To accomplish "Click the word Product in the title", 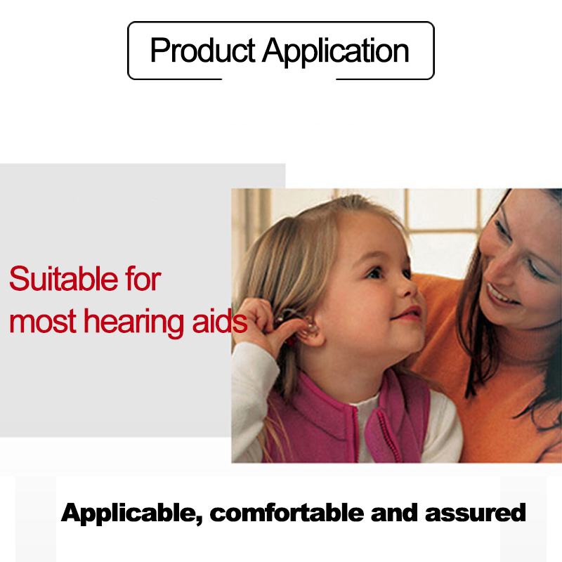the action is point(202,50).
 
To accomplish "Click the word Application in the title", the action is point(336,51).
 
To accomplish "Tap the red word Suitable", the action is point(63,278).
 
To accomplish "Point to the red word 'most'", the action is point(43,322).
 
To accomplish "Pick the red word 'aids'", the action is point(220,320).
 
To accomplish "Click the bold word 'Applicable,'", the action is point(132,514).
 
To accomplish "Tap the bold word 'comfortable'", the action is point(287,513).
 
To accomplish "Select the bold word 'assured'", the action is point(476,513).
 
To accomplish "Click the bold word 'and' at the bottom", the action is point(394,513).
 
